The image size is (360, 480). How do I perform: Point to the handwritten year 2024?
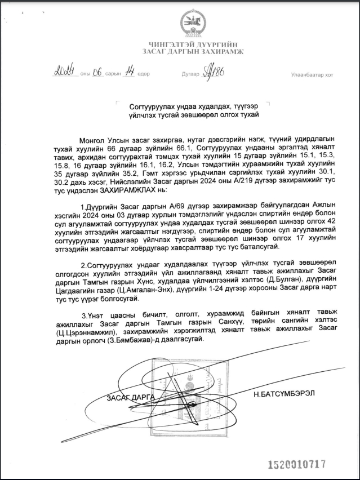[65, 72]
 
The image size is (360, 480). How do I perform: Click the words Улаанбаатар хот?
[312, 74]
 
